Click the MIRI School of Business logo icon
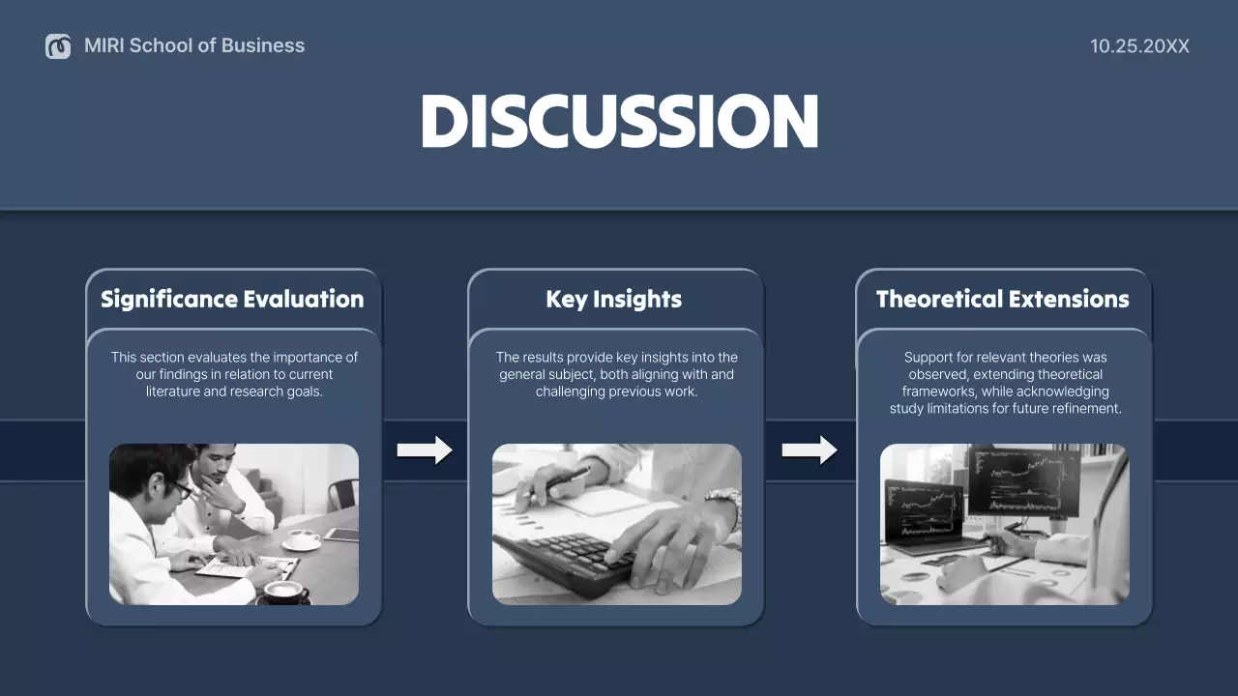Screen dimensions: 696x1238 point(58,45)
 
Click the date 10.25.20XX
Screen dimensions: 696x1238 point(1139,45)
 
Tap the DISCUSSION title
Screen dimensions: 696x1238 point(619,122)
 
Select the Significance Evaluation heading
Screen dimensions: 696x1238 point(232,299)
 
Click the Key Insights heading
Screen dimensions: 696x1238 point(613,299)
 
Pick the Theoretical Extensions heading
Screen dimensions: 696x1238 point(1002,299)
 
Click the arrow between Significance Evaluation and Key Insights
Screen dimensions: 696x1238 point(425,449)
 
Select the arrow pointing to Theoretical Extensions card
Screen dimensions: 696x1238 point(810,449)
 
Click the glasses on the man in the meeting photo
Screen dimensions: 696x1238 point(181,489)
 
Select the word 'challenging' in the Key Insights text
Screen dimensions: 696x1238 point(571,391)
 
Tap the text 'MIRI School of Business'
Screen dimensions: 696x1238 point(194,45)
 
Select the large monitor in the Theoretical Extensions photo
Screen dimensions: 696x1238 point(1023,480)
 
